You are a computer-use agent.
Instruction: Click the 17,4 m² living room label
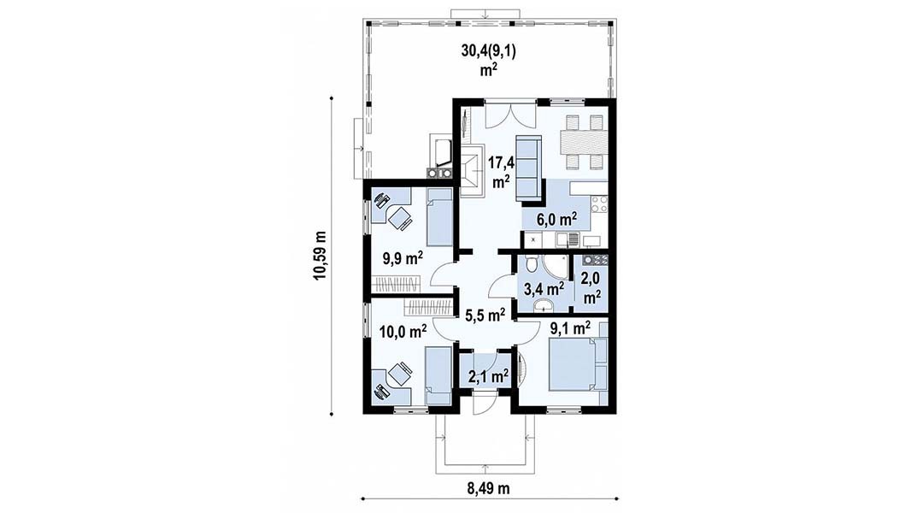coord(500,172)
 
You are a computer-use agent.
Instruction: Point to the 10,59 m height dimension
coord(320,256)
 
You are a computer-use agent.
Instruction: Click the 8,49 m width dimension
coord(488,489)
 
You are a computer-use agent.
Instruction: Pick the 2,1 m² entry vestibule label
coord(488,377)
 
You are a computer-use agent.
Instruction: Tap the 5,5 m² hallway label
coord(485,315)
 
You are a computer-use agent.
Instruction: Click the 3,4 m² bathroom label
coord(544,288)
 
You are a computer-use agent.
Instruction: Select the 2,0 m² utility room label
coord(591,288)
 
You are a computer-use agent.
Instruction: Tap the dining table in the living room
coord(584,142)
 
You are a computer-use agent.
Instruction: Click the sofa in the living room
coord(527,168)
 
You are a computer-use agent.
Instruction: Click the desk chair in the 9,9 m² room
coord(398,219)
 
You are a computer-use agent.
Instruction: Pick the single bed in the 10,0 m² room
coord(438,375)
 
